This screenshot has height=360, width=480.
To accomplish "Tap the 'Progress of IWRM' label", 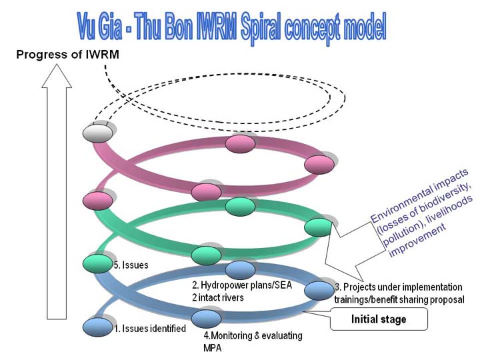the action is pyautogui.click(x=67, y=55).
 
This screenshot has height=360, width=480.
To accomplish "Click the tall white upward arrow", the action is pyautogui.click(x=57, y=191).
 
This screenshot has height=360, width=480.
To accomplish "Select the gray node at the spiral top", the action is pyautogui.click(x=98, y=133).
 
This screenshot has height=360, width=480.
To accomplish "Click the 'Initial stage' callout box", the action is pyautogui.click(x=379, y=319).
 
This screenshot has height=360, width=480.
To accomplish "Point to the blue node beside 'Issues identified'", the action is pyautogui.click(x=98, y=327).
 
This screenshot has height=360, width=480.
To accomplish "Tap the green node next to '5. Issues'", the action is pyautogui.click(x=98, y=263).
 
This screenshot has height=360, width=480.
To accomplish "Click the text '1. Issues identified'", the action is pyautogui.click(x=150, y=329).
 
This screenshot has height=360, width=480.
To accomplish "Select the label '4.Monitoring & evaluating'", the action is pyautogui.click(x=253, y=335).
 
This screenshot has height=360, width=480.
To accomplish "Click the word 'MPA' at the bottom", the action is pyautogui.click(x=212, y=348).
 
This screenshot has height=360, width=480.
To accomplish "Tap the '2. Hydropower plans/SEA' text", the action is pyautogui.click(x=242, y=285).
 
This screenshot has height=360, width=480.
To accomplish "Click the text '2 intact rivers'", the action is pyautogui.click(x=218, y=297).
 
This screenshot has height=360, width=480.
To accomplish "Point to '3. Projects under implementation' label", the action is pyautogui.click(x=399, y=287).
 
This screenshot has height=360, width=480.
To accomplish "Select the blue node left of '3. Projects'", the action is pyautogui.click(x=319, y=291).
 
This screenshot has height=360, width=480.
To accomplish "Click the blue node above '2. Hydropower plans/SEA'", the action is pyautogui.click(x=240, y=270).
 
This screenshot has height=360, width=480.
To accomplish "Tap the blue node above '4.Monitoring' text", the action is pyautogui.click(x=206, y=319).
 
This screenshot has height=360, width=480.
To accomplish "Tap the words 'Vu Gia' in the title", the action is pyautogui.click(x=100, y=27).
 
